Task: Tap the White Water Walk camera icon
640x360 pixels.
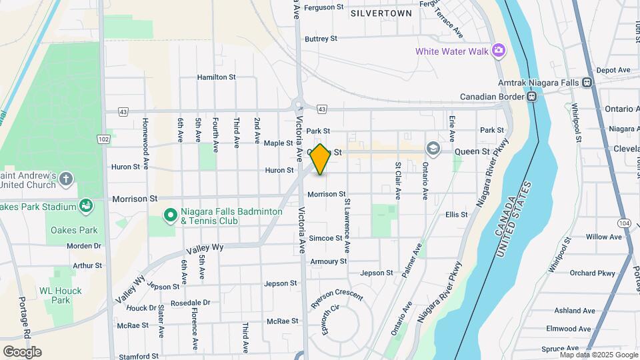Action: [x=498, y=51]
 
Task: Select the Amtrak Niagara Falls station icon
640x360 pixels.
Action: [x=587, y=83]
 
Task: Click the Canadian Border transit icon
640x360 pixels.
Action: [x=531, y=97]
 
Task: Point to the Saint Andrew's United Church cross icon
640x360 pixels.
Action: [x=65, y=178]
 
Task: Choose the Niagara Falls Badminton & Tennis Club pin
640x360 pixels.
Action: [x=170, y=215]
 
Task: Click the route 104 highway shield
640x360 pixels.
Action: [x=624, y=223]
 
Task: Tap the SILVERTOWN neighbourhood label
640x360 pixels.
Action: [x=381, y=13]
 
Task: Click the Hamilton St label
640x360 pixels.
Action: [x=216, y=77]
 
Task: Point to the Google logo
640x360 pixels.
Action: [x=22, y=352]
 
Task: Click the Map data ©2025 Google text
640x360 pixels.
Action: [x=599, y=355]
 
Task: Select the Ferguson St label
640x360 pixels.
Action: [x=323, y=8]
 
